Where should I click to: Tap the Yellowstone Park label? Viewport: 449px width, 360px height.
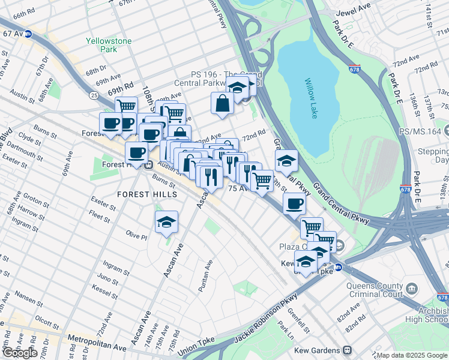pos(101,45)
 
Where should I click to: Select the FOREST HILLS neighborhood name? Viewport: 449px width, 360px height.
pos(147,194)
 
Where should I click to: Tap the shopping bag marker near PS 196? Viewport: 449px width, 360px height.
pos(222,102)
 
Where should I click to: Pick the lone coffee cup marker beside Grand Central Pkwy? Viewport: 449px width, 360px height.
pos(294,204)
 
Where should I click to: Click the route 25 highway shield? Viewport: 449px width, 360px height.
pos(94,95)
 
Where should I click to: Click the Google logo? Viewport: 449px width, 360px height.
pos(19,353)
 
